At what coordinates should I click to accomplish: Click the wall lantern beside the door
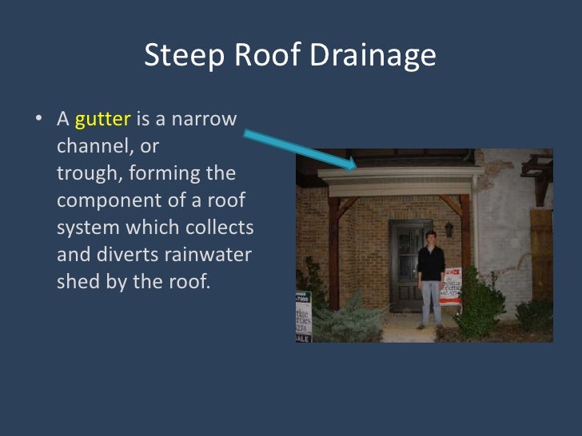point(449,230)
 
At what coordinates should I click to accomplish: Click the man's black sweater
point(431,264)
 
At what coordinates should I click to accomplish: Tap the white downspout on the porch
point(478,240)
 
